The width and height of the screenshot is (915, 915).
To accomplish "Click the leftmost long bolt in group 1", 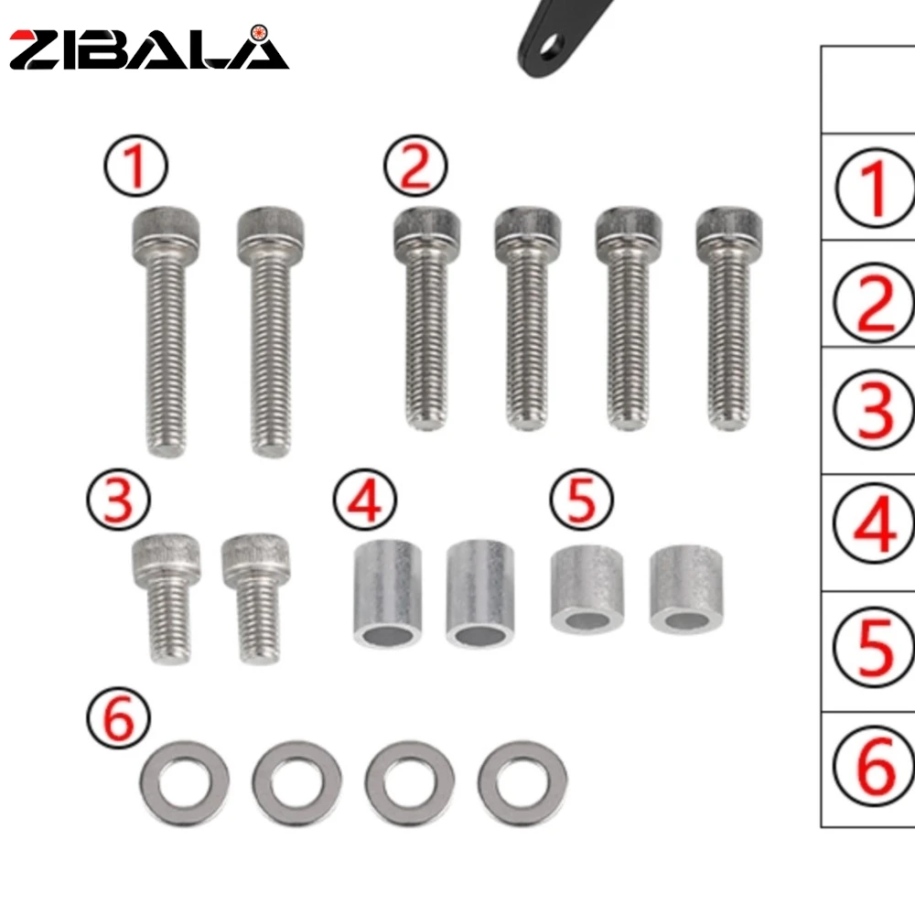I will (x=162, y=329).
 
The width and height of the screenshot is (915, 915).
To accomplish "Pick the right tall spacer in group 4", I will (x=480, y=594).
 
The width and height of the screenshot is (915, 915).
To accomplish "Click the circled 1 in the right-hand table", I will (x=875, y=187).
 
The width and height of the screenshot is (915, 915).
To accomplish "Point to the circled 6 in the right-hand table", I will (x=875, y=769).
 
